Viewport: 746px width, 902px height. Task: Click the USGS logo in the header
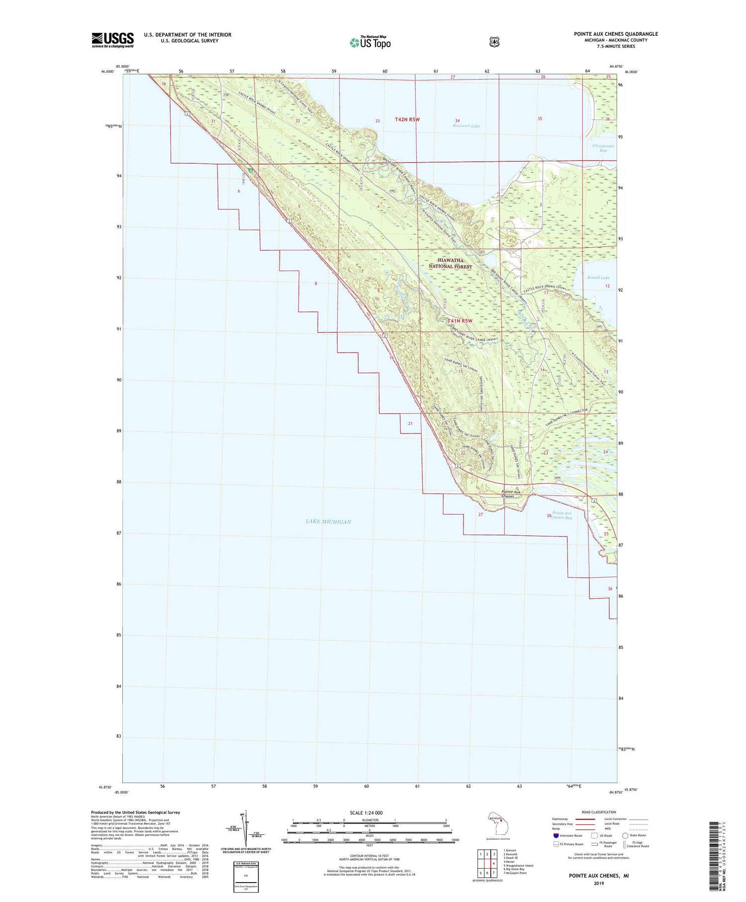[x=113, y=40]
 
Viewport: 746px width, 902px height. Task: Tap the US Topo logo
[x=370, y=42]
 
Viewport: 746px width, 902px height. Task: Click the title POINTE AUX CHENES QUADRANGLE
[x=616, y=34]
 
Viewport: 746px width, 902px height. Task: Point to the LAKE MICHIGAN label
[x=328, y=521]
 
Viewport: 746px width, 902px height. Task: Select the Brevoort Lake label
[x=466, y=126]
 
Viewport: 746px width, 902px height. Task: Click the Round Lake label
[x=598, y=278]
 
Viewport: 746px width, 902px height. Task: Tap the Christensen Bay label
[x=603, y=148]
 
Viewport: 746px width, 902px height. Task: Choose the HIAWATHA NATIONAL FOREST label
[x=450, y=263]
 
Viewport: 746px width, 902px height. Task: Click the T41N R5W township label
[x=459, y=321]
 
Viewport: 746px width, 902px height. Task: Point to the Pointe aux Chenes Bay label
[x=562, y=515]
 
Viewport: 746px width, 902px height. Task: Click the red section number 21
[x=410, y=423]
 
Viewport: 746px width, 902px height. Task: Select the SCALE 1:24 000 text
[x=366, y=813]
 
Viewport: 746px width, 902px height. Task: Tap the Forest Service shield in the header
[x=494, y=42]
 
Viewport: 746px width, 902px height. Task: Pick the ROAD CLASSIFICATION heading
[x=598, y=812]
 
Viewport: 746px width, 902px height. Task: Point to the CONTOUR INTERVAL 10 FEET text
[x=369, y=856]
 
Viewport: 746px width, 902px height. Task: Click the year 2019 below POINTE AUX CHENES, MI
[x=598, y=884]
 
